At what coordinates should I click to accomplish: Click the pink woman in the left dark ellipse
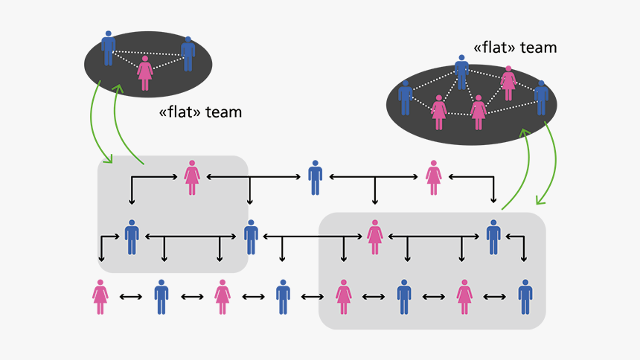tap(145, 73)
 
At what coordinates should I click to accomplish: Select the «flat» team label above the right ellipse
tap(515, 47)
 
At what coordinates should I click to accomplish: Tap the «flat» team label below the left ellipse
tap(200, 113)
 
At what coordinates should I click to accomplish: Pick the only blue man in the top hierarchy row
tap(316, 178)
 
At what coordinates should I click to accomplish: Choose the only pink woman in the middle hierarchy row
tap(374, 237)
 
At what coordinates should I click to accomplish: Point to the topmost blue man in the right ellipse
tap(461, 72)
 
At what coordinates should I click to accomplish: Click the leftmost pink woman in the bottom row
tap(100, 297)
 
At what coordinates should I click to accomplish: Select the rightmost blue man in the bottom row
tap(525, 297)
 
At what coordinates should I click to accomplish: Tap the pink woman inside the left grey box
tap(192, 178)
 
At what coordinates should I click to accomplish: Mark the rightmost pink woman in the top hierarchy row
tap(434, 178)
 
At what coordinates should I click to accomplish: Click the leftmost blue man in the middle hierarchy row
tap(132, 237)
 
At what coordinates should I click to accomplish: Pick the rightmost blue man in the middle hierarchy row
tap(493, 237)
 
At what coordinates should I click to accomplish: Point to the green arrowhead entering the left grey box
tap(109, 159)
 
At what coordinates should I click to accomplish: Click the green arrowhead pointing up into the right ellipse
tap(525, 132)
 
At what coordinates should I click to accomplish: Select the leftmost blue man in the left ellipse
tap(109, 48)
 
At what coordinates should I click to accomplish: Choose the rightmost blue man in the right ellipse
tap(541, 97)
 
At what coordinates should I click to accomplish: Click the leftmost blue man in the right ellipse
tap(406, 97)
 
